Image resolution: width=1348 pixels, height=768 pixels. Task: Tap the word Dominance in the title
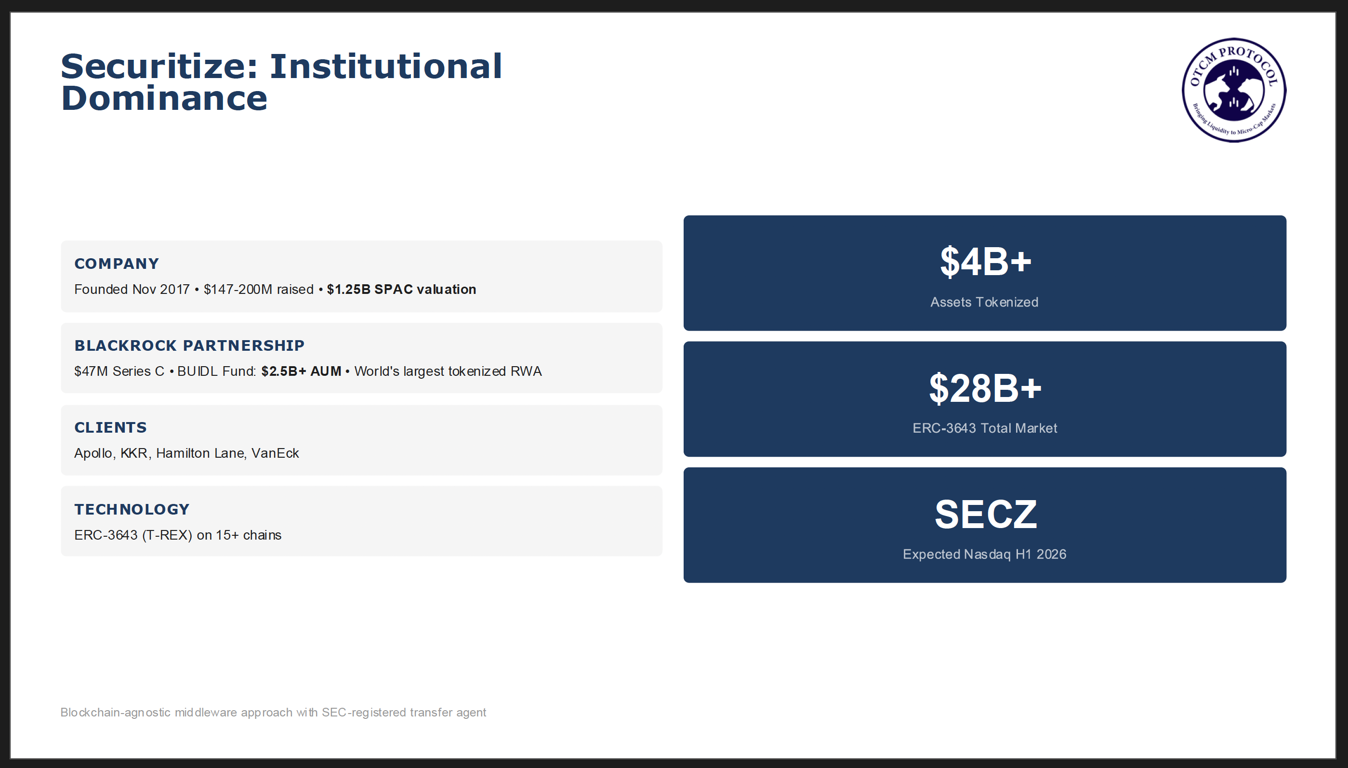point(164,98)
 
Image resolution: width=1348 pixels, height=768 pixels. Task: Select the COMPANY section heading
point(117,263)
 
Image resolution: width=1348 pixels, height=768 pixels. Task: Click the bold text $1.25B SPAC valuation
point(401,289)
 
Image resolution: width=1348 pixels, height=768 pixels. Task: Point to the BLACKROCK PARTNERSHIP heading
point(189,345)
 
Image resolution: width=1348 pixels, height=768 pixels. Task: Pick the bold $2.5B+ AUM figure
point(301,371)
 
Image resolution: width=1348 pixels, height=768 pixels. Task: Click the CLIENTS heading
point(110,427)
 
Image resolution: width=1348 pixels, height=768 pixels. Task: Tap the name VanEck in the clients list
point(275,453)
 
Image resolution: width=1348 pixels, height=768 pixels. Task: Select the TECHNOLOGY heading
point(132,509)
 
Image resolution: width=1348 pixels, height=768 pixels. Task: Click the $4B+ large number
point(985,261)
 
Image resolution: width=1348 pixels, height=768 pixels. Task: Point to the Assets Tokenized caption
point(984,302)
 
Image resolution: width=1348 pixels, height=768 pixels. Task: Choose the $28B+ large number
point(985,388)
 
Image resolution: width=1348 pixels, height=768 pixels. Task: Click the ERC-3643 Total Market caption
point(985,428)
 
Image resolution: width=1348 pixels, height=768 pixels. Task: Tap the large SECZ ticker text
point(985,514)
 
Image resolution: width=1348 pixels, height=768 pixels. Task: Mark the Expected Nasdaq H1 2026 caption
point(984,555)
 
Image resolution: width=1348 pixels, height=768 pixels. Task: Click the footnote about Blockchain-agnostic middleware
point(273,713)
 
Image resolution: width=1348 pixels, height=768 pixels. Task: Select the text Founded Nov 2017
point(132,289)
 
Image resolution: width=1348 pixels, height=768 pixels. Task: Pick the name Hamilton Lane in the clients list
point(200,453)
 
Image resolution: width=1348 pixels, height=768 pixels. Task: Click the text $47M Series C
point(119,371)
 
